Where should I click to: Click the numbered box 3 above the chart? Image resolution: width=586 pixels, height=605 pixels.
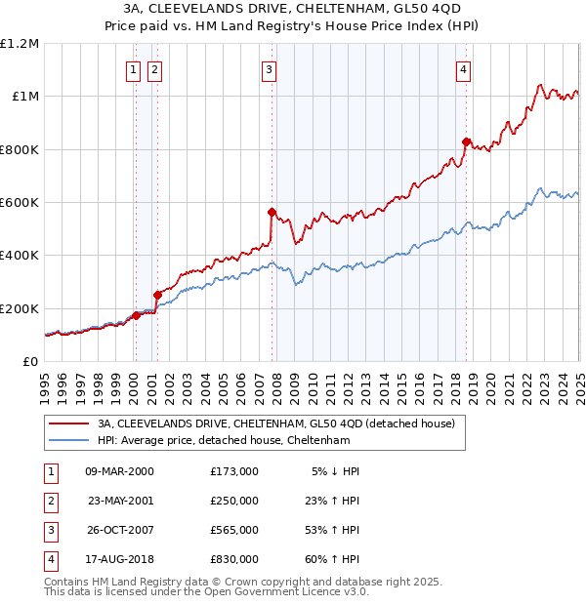coord(269,69)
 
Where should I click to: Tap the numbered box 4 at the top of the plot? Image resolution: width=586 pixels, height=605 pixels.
coord(463,69)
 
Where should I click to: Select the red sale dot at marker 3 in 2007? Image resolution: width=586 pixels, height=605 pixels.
coord(272,212)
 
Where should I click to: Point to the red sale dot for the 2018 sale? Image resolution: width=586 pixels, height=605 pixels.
coord(466,141)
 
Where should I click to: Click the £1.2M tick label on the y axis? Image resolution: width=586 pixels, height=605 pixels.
coord(20,44)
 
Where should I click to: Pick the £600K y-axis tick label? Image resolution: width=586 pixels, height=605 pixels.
coord(20,203)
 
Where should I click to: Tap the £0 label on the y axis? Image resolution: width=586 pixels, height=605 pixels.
coord(29,361)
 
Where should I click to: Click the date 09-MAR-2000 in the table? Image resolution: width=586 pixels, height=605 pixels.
coord(120,471)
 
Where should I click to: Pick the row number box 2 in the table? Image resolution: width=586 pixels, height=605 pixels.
coord(49,501)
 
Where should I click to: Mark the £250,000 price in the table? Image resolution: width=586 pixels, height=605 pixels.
coord(234,501)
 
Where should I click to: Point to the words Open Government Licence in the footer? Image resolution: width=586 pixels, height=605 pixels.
coord(284,591)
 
